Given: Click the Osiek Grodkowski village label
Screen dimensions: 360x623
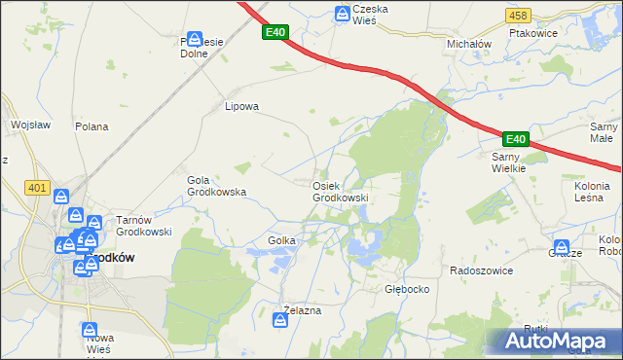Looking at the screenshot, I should (340, 192).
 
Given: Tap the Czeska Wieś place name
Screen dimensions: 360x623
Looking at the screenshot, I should (371, 15).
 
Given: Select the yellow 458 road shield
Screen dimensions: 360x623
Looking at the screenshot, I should (518, 16).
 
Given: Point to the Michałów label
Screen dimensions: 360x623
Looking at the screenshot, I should (468, 45).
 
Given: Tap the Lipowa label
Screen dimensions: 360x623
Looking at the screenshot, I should (241, 107).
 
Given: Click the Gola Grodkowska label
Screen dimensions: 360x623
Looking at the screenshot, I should (215, 186).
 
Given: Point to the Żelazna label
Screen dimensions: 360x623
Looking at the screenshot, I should (301, 310).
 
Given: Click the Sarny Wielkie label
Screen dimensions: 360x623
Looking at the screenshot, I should (508, 162).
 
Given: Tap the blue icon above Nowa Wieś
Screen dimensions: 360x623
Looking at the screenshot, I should (91, 331).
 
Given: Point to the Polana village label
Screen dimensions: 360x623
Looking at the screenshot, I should (92, 126).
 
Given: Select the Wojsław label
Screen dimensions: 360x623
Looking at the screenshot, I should (30, 125).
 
